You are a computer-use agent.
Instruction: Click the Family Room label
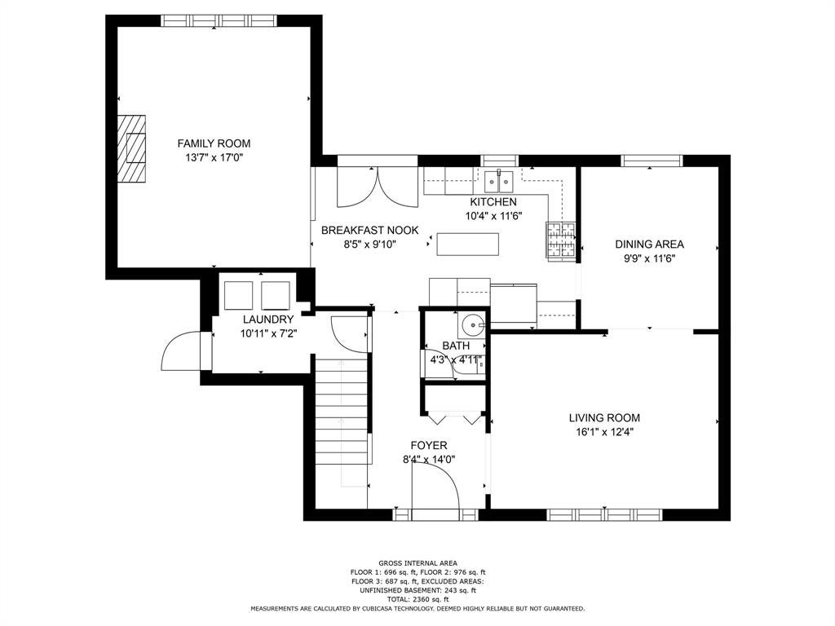[x=214, y=143]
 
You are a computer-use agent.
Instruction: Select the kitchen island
[x=467, y=245]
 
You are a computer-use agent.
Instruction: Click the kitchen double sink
[x=499, y=182]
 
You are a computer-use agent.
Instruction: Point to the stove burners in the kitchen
[x=561, y=240]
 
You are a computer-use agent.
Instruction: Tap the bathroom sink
[x=472, y=323]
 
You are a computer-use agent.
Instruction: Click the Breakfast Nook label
[x=369, y=231]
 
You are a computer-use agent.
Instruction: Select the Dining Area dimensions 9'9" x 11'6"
[x=649, y=258]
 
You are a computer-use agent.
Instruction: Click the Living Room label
[x=604, y=418]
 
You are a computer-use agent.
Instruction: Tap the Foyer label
[x=429, y=445]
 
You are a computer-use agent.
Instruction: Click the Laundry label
[x=267, y=320]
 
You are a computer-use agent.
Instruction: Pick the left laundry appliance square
[x=238, y=295]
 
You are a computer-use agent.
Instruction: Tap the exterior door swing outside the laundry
[x=181, y=350]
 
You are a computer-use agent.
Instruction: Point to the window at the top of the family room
[x=219, y=20]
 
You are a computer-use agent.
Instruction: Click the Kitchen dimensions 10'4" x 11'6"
[x=493, y=216]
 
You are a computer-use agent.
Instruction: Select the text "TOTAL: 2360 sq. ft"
[x=417, y=599]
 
